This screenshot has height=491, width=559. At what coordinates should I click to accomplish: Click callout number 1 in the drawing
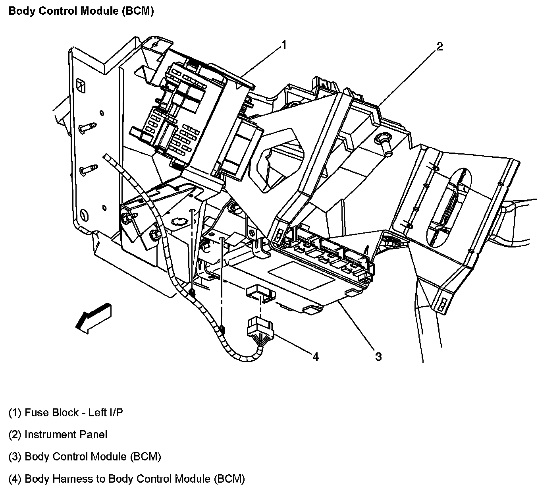(x=283, y=45)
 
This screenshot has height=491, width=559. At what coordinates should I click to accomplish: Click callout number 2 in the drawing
(x=439, y=47)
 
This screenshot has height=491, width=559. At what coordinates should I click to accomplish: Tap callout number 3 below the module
(x=378, y=357)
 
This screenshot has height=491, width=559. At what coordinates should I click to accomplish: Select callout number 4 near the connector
(x=315, y=357)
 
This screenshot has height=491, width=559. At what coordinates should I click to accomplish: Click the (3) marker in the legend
(x=15, y=457)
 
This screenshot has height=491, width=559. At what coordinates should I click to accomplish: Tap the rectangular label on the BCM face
(x=302, y=276)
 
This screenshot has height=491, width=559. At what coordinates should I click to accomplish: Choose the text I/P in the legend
(x=115, y=413)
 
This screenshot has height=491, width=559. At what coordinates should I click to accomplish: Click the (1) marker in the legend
(x=15, y=413)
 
